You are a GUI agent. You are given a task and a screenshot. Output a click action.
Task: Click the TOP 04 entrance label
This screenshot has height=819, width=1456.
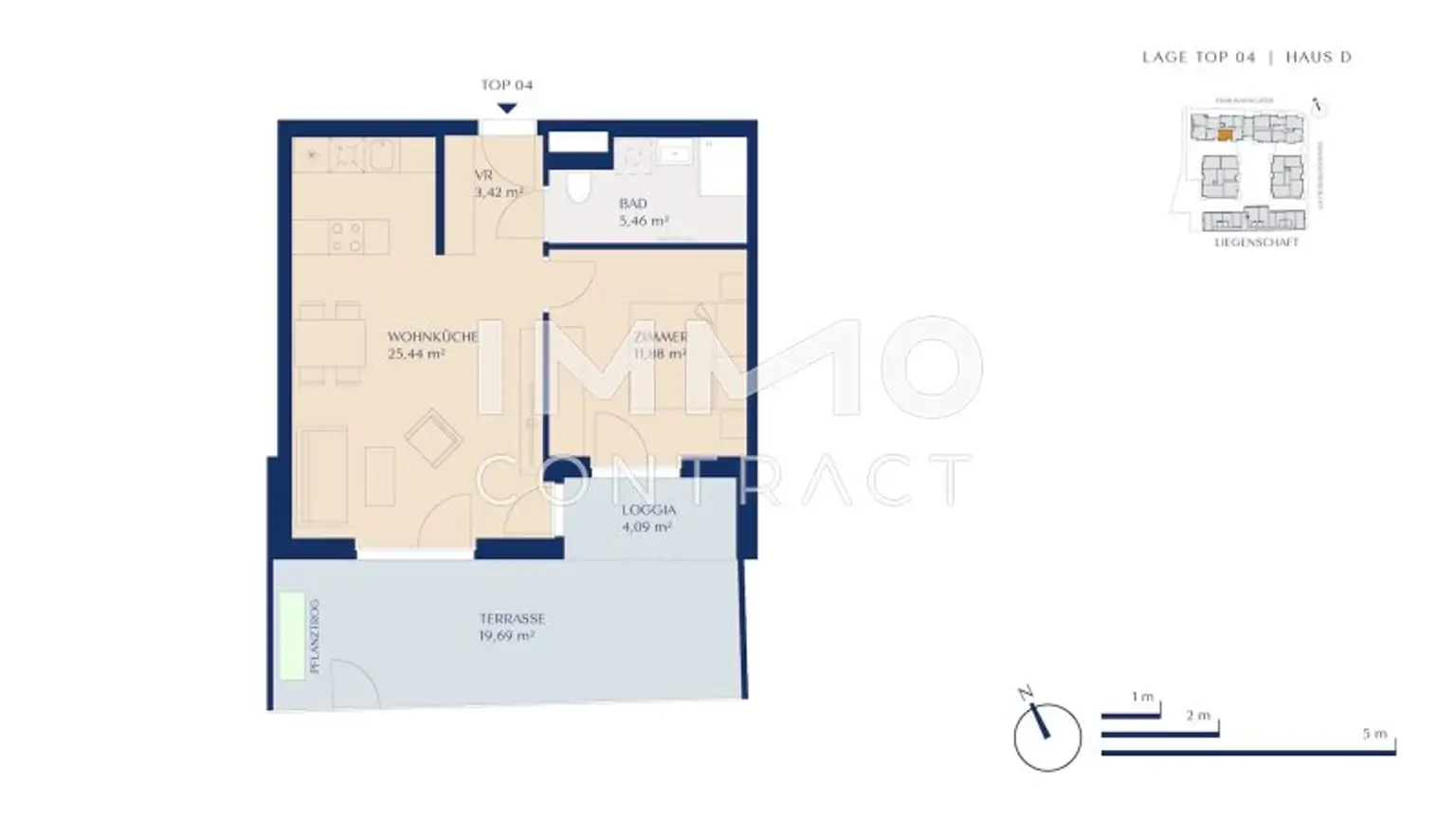(x=506, y=84)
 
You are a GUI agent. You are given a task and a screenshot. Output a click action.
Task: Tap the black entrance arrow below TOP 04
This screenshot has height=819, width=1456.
(x=507, y=108)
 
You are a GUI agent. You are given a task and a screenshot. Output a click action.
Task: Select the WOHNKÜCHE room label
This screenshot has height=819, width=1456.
(x=432, y=337)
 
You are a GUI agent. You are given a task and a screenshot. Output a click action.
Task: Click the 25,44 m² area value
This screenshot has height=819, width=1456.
(x=416, y=355)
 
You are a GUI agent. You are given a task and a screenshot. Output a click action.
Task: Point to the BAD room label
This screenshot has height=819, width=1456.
(x=633, y=204)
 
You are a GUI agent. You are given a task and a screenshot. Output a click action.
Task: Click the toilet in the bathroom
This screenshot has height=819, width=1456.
(x=577, y=188)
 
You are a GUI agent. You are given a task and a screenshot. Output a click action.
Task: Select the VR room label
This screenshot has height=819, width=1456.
(x=483, y=176)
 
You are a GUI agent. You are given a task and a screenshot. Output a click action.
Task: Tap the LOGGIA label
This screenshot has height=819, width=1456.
(x=648, y=510)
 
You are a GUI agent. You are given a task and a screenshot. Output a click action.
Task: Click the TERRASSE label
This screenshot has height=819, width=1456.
(x=512, y=619)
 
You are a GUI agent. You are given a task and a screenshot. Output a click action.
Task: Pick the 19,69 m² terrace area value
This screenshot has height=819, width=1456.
(x=506, y=636)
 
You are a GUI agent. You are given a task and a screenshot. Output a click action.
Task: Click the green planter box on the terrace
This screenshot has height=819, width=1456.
(x=292, y=635)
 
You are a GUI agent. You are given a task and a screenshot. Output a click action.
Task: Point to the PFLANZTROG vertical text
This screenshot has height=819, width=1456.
(x=315, y=636)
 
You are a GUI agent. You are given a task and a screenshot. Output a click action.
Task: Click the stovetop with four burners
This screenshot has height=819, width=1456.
(x=345, y=237)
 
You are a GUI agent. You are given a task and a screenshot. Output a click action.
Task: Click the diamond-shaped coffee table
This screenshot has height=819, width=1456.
(x=433, y=438)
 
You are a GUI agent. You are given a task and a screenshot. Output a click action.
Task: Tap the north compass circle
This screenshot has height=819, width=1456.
(x=1047, y=737)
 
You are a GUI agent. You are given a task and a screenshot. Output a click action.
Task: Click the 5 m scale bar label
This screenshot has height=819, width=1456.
(x=1374, y=734)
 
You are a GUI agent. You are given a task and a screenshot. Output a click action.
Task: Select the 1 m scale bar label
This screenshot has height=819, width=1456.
(x=1142, y=697)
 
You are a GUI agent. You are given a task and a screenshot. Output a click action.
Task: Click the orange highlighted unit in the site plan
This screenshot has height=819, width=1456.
(x=1225, y=136)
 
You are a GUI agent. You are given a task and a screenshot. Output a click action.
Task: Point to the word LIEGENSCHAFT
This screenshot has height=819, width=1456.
(x=1256, y=243)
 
